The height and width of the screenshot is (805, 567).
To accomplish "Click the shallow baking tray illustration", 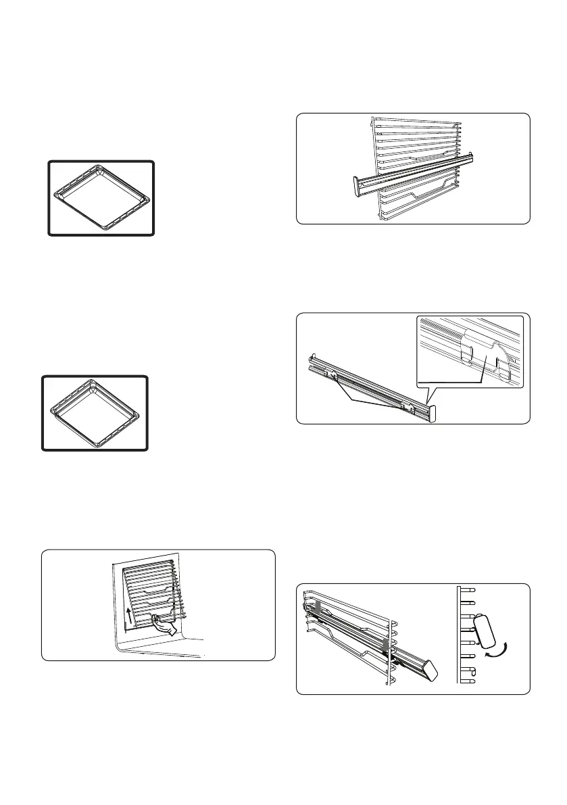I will (101, 198).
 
